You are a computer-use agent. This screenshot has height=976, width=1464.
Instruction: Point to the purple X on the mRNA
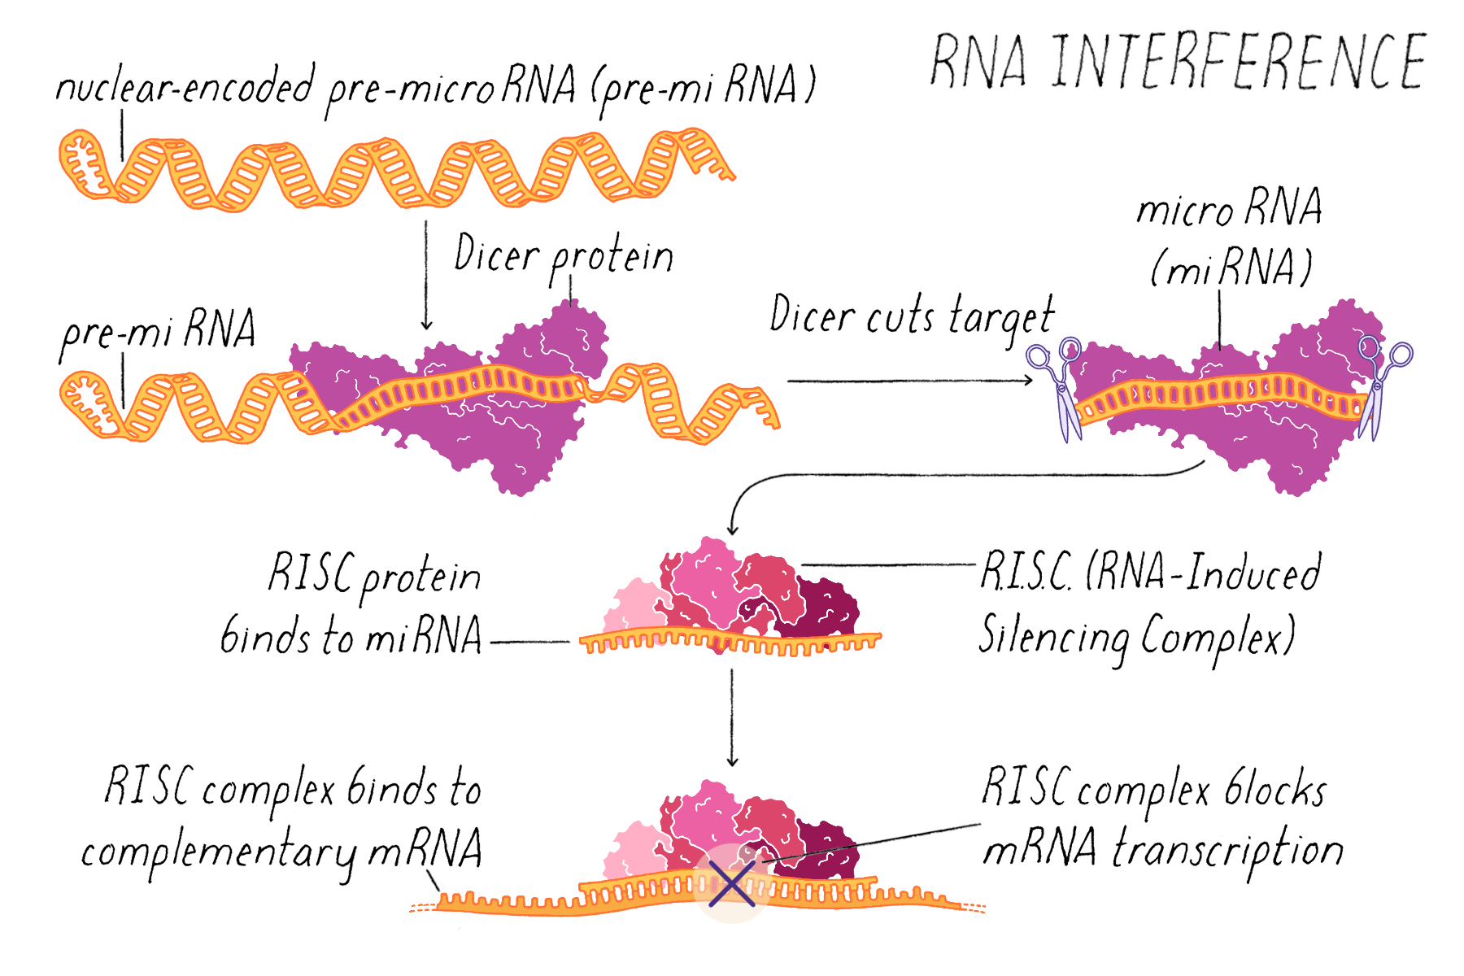point(731,884)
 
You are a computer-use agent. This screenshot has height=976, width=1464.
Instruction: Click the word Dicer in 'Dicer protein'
point(496,254)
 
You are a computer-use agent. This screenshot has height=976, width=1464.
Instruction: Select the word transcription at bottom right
point(1228,850)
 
